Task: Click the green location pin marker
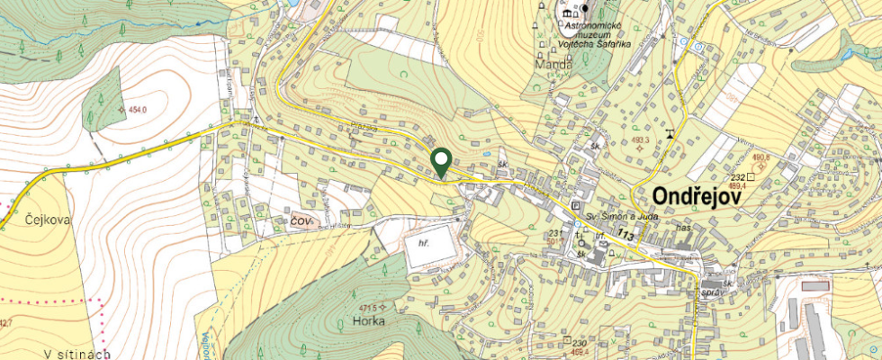[x=441, y=162]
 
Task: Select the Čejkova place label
[x=23, y=219]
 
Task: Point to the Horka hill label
[x=370, y=320]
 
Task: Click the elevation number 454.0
[x=138, y=110]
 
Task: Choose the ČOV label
[x=301, y=220]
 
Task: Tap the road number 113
[x=626, y=235]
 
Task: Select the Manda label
[x=552, y=66]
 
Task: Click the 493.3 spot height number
[x=640, y=140]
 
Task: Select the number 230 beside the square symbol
[x=579, y=343]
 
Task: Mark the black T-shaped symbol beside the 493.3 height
[x=670, y=135]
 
